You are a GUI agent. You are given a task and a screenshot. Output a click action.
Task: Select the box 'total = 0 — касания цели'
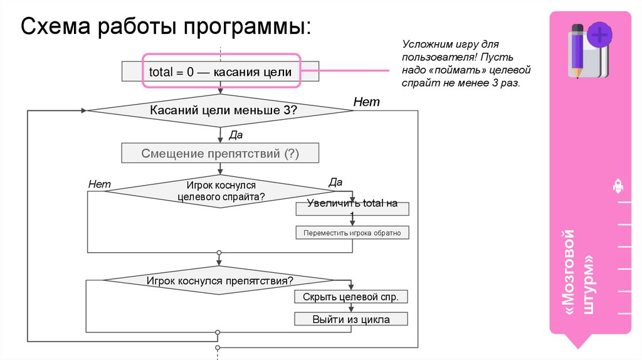click(220, 72)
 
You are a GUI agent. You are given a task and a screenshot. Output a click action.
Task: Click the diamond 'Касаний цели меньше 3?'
click(220, 110)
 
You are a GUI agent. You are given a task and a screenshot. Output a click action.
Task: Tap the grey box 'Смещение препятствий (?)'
click(220, 153)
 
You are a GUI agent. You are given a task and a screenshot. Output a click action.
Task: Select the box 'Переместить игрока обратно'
click(352, 233)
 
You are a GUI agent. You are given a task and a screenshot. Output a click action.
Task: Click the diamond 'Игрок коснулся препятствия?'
click(220, 281)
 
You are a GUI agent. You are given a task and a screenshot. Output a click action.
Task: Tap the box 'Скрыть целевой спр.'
click(351, 297)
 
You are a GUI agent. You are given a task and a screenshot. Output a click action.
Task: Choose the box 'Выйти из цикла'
click(351, 319)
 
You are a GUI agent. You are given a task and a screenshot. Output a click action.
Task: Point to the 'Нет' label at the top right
click(366, 102)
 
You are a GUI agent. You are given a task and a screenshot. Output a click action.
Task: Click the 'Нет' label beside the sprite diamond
click(99, 184)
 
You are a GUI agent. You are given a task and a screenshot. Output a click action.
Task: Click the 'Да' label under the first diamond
click(236, 134)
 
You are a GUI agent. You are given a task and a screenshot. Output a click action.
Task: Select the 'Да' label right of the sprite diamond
click(335, 182)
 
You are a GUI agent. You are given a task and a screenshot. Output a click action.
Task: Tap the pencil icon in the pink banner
click(577, 50)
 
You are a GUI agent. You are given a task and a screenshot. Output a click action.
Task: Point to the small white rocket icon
click(618, 186)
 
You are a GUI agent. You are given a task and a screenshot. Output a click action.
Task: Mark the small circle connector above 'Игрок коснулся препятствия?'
click(219, 253)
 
